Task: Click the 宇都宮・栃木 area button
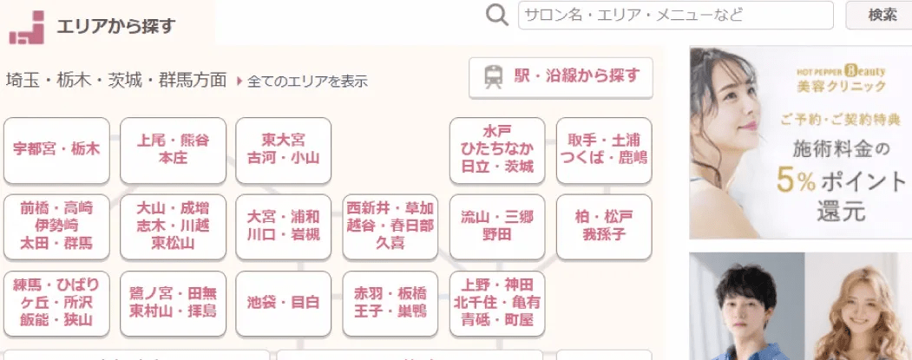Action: click(x=56, y=150)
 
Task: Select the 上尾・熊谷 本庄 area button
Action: click(x=173, y=150)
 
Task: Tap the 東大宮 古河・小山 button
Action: click(x=283, y=150)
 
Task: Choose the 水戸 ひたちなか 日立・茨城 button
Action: click(x=497, y=150)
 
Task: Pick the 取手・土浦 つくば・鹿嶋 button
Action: click(x=604, y=150)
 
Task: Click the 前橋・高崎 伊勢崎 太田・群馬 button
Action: click(x=56, y=226)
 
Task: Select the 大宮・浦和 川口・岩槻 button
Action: click(x=283, y=226)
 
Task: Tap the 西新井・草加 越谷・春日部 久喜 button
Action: click(x=390, y=226)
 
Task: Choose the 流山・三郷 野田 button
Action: click(x=497, y=226)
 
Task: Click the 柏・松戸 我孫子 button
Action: click(x=604, y=226)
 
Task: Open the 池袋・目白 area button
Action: click(x=283, y=303)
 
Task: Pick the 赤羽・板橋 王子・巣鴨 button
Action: click(x=390, y=303)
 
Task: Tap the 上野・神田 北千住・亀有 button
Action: click(x=497, y=303)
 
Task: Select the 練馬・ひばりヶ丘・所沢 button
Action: click(x=56, y=303)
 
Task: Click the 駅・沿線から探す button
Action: click(x=561, y=77)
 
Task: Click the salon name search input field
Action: click(x=676, y=15)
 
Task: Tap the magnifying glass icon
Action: click(x=497, y=16)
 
